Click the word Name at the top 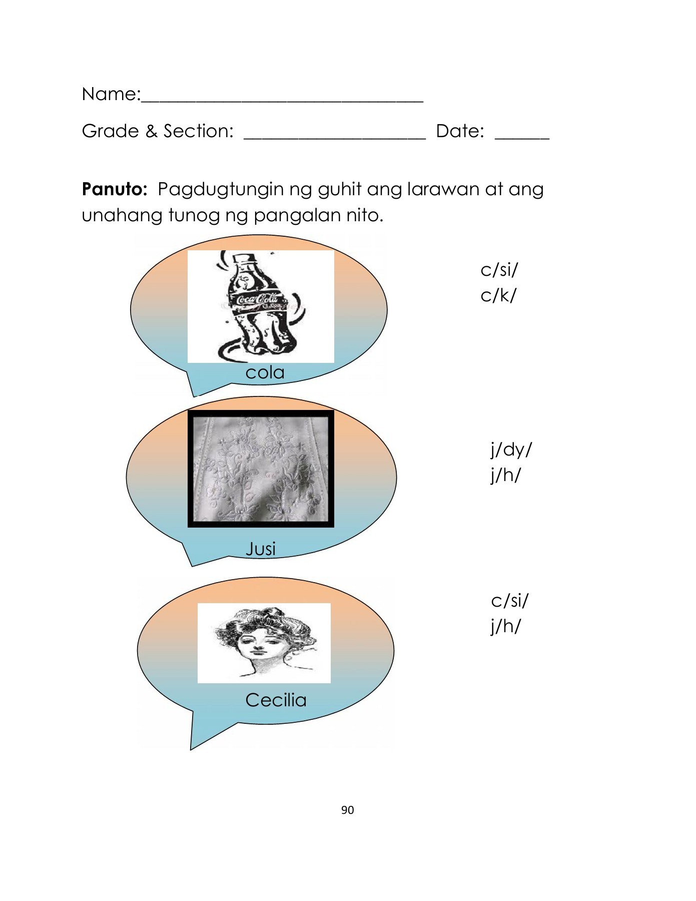109,94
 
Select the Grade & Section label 158,131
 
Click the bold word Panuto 115,189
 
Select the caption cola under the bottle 265,372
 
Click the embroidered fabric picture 261,469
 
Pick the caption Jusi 261,549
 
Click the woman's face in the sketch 258,642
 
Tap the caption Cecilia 276,700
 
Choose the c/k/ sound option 498,295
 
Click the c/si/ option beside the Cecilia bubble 509,600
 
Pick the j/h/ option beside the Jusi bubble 505,475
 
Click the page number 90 347,810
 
